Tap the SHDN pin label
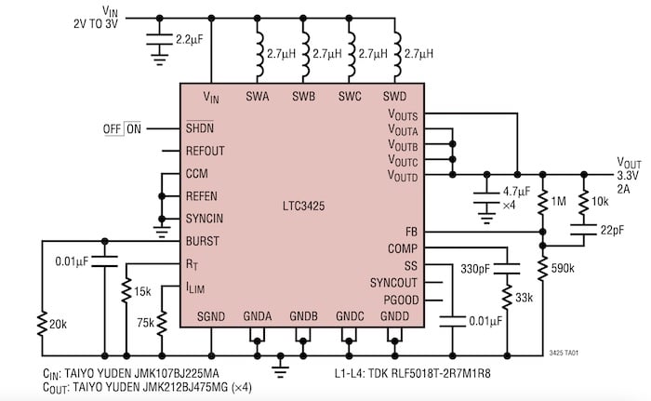199,128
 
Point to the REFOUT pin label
206,151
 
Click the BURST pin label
202,240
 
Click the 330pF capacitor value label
474,269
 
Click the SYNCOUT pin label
393,281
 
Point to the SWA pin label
258,96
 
